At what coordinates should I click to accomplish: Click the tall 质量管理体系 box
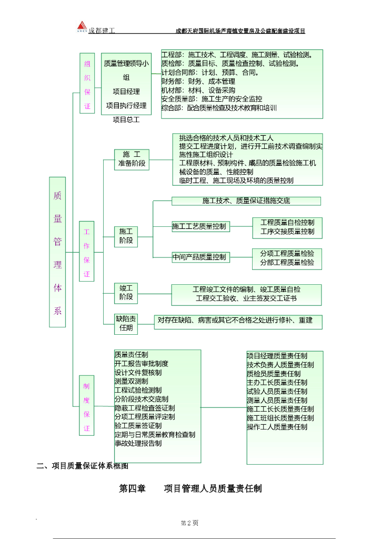tap(57, 252)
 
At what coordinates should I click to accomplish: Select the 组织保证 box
tap(87, 83)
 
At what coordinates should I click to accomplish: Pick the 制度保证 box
tap(87, 407)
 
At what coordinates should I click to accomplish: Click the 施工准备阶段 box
tap(132, 159)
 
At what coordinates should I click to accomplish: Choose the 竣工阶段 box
tap(126, 293)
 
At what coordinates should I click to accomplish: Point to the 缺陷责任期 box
tap(126, 324)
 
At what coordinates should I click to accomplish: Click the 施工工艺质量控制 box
tap(200, 226)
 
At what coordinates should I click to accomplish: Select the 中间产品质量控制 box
tap(200, 257)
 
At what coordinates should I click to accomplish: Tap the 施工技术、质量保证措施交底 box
tap(246, 201)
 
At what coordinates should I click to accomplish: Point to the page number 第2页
tap(189, 523)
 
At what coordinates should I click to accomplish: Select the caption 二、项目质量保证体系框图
tap(82, 465)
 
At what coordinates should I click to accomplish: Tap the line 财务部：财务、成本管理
tap(198, 82)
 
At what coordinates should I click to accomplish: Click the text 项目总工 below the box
tap(126, 119)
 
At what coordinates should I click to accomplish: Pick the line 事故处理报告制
tap(138, 443)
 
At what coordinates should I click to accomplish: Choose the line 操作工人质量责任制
tap(277, 427)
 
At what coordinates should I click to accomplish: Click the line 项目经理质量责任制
tap(277, 356)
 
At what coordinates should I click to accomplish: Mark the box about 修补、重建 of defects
tap(238, 321)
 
